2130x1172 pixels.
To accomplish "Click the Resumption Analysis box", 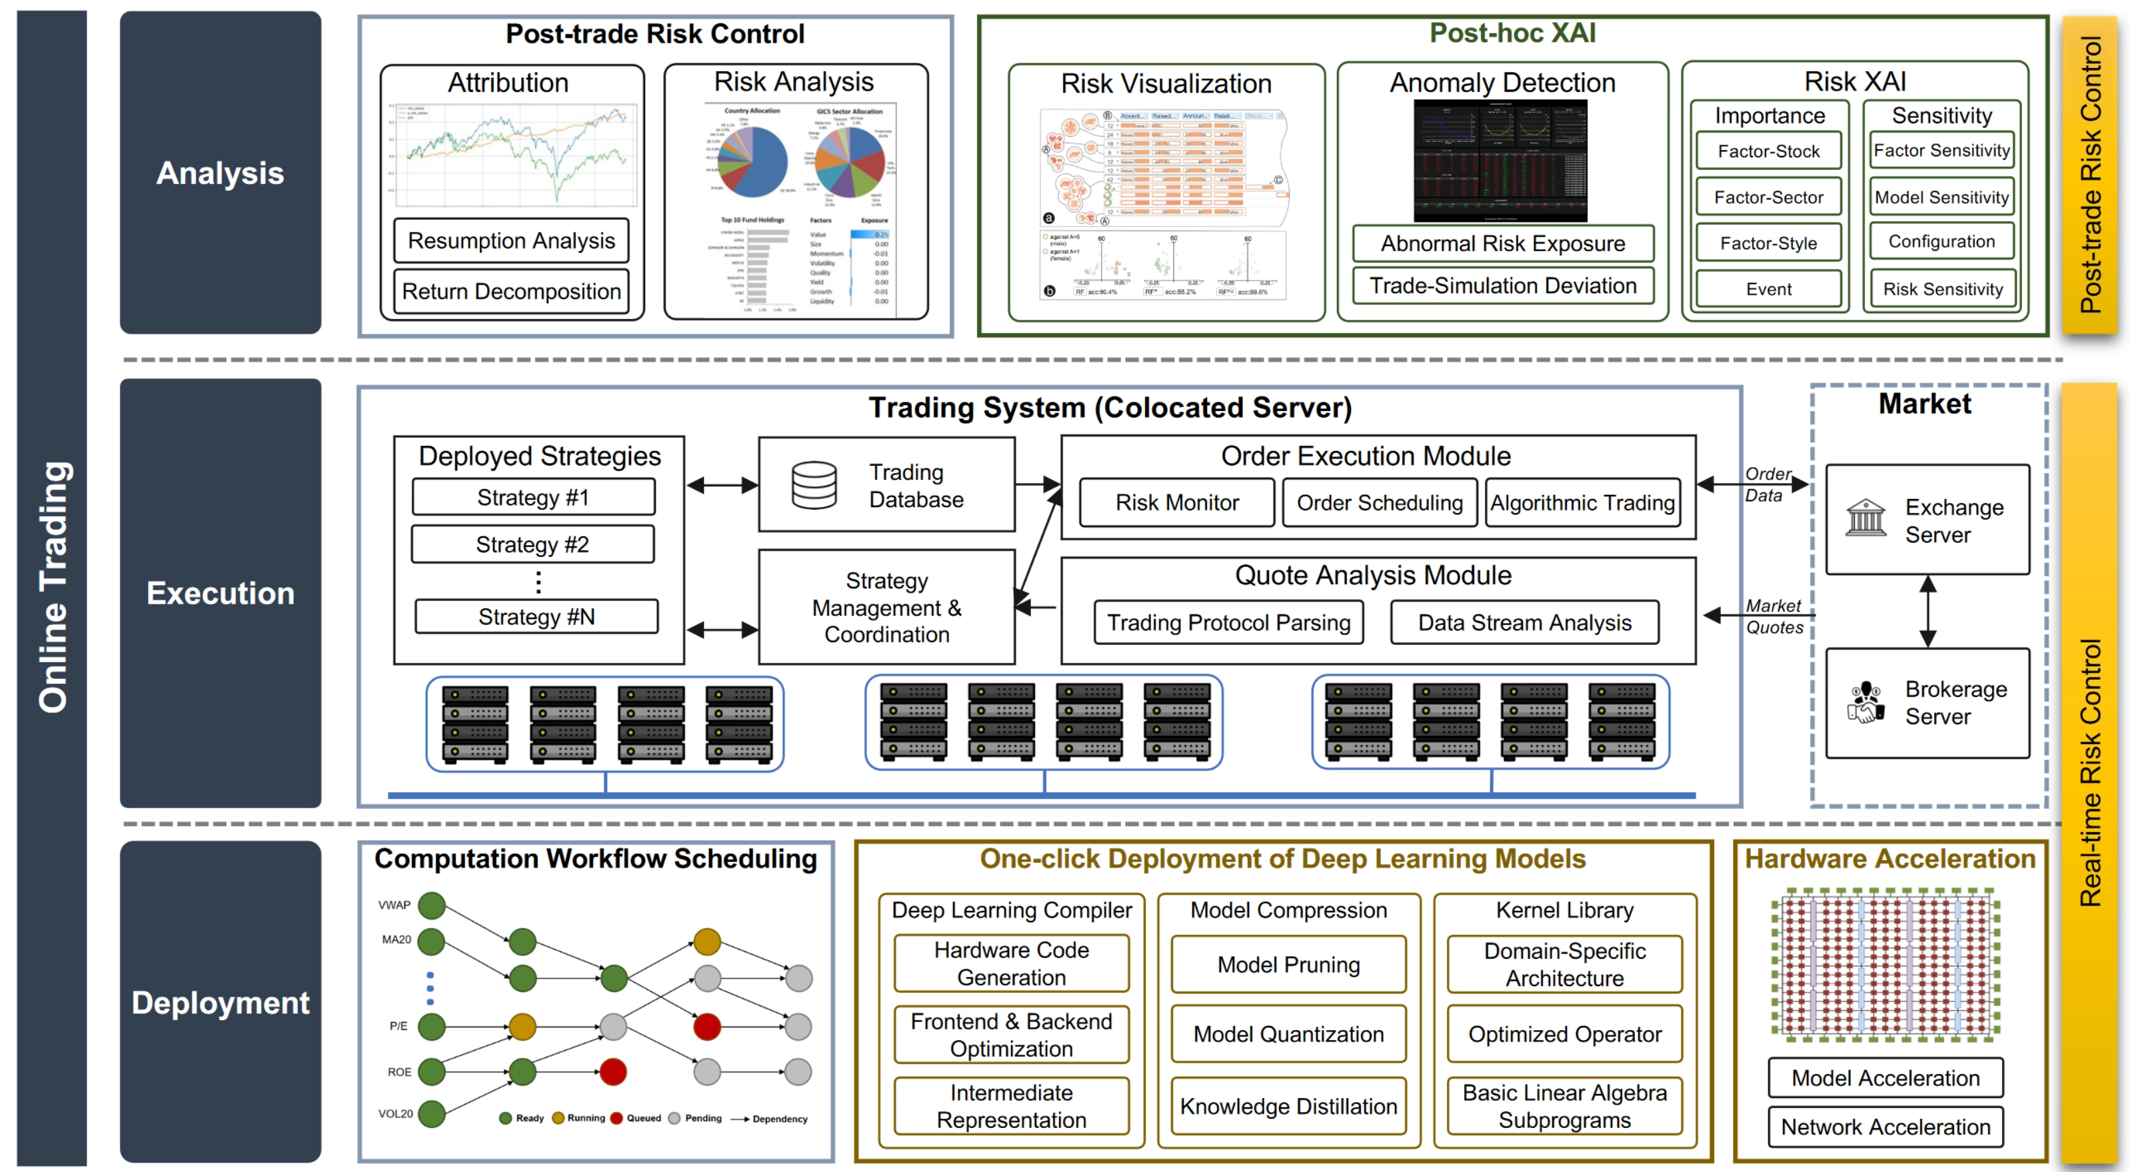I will (511, 241).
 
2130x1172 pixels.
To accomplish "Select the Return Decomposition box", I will (511, 291).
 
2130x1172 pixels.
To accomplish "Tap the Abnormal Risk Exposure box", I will (1502, 243).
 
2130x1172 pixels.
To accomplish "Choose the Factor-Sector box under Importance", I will (1768, 197).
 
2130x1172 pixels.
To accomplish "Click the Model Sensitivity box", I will (1941, 197).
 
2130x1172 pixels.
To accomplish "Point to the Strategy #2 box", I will (532, 544).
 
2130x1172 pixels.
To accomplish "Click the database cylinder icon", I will (814, 485).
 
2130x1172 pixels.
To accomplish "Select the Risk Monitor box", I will (1176, 502).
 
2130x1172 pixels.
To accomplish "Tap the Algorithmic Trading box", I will (1582, 502).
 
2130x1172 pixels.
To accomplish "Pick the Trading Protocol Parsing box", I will (1228, 622).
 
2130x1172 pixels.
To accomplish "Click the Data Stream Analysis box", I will (1524, 622).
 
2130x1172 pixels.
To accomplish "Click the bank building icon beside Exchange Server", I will (1865, 518).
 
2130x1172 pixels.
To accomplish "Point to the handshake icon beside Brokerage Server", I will (1865, 702).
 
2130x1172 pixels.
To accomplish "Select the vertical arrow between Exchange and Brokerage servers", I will (1927, 611).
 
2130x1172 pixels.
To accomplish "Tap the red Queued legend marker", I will (616, 1118).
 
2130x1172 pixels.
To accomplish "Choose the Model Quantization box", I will (1288, 1034).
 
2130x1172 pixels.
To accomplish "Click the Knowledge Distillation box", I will (1288, 1106).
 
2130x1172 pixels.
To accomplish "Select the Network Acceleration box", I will (1885, 1127).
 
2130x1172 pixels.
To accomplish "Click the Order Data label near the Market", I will (1767, 484).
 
